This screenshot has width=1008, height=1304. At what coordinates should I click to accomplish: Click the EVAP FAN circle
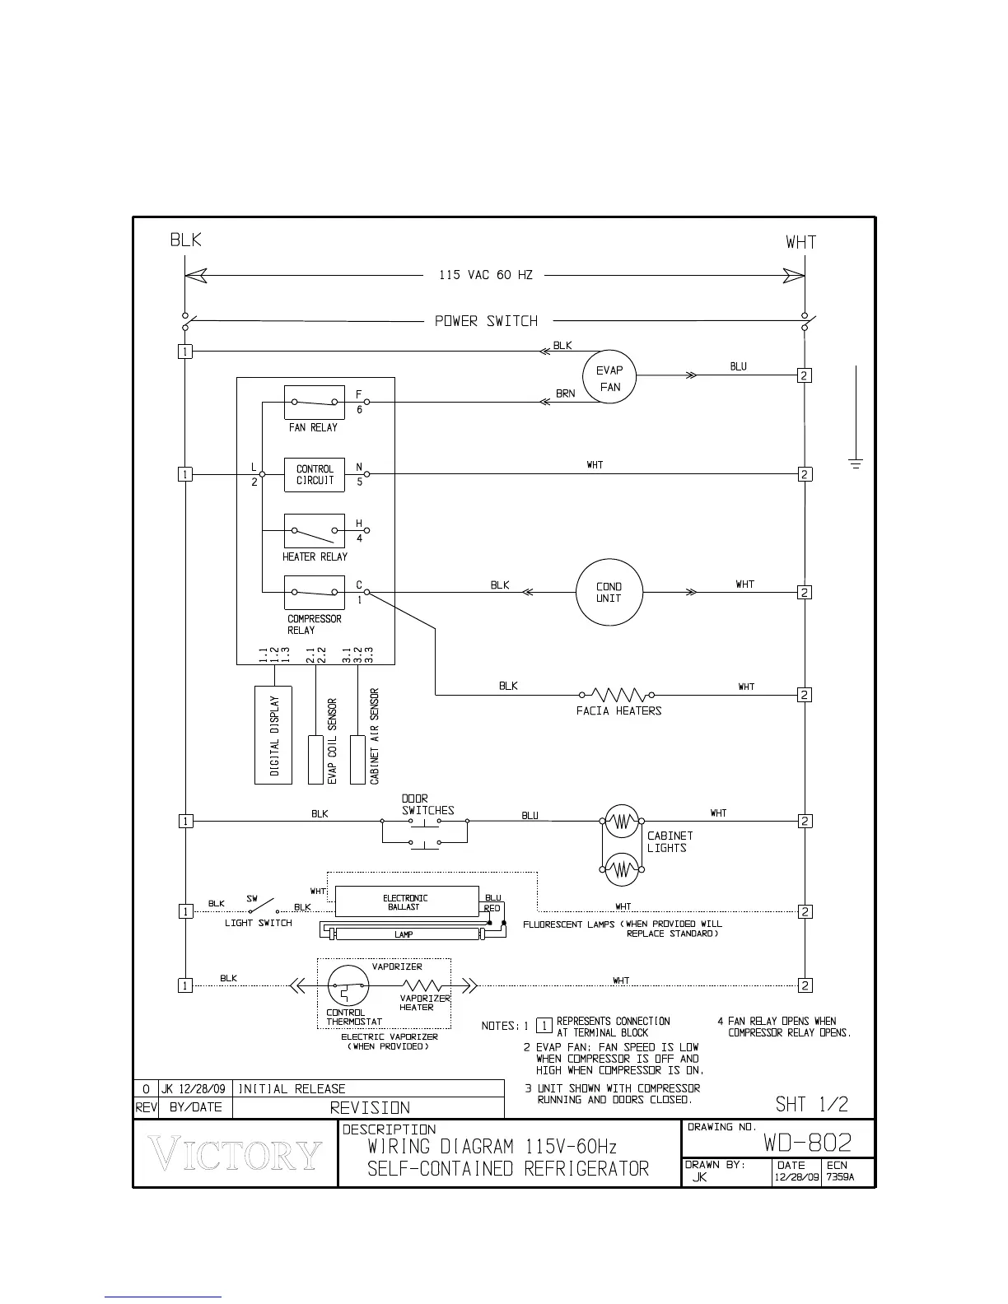pyautogui.click(x=609, y=378)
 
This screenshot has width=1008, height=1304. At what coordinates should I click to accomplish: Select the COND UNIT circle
pyautogui.click(x=609, y=592)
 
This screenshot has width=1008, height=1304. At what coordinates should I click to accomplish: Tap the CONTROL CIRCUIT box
pyautogui.click(x=314, y=474)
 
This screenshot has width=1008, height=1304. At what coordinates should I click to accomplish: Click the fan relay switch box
pyautogui.click(x=314, y=403)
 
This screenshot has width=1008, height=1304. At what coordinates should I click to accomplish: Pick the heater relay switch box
pyautogui.click(x=314, y=531)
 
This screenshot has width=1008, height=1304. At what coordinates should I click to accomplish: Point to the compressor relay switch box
pyautogui.click(x=314, y=592)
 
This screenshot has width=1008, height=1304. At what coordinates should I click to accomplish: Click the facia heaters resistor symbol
pyautogui.click(x=617, y=694)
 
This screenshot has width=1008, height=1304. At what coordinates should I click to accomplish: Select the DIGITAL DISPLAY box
pyautogui.click(x=273, y=734)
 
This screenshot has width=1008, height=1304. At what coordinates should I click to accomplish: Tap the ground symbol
pyautogui.click(x=856, y=463)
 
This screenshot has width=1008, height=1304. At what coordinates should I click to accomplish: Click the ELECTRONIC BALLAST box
pyautogui.click(x=406, y=901)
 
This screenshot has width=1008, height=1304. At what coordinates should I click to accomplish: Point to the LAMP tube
pyautogui.click(x=404, y=934)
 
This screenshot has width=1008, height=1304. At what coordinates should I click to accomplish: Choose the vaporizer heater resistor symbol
pyautogui.click(x=423, y=985)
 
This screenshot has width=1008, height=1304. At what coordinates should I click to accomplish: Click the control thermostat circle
pyautogui.click(x=348, y=985)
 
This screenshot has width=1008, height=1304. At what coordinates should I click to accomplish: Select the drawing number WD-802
pyautogui.click(x=807, y=1143)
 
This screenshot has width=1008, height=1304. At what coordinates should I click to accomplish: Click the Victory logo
pyautogui.click(x=236, y=1154)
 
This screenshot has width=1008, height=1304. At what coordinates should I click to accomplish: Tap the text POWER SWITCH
pyautogui.click(x=486, y=321)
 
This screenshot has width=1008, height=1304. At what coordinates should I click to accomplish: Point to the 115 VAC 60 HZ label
pyautogui.click(x=486, y=275)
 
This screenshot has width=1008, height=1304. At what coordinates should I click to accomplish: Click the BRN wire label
pyautogui.click(x=565, y=394)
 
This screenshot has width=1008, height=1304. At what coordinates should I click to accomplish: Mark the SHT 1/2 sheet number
pyautogui.click(x=811, y=1104)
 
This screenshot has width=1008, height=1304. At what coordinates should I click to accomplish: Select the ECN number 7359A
pyautogui.click(x=841, y=1176)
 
